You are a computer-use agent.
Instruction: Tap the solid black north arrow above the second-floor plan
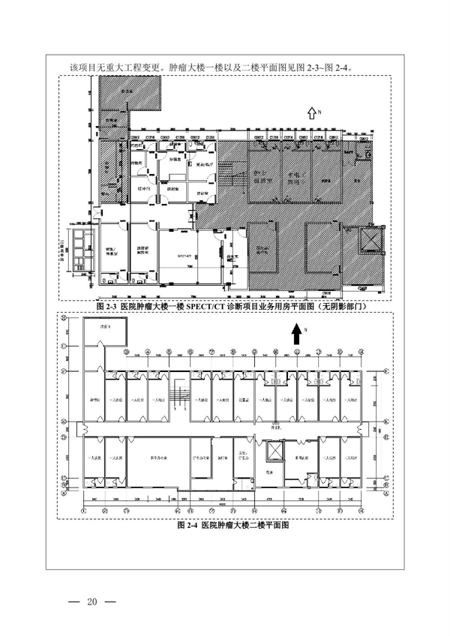coord(297,335)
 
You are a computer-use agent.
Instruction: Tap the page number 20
coord(92,602)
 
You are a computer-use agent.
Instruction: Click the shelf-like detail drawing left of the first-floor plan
coord(80,244)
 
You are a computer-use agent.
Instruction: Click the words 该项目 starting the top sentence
coord(83,67)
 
